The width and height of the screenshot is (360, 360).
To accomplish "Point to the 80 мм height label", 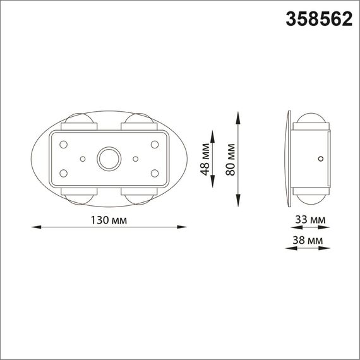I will tap(231, 160).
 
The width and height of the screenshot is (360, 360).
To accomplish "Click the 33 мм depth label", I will tap(309, 220).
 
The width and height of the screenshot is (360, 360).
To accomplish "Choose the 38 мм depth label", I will tap(309, 241).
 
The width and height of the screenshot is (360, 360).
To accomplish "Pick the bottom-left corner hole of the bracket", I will tap(64, 172).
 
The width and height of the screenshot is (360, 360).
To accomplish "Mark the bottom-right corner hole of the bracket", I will tap(154, 172).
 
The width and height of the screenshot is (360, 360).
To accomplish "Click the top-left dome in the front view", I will tap(80, 121).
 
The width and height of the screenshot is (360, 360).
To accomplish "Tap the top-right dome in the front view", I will tap(138, 121).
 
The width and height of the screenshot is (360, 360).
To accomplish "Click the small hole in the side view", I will tap(321, 159).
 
